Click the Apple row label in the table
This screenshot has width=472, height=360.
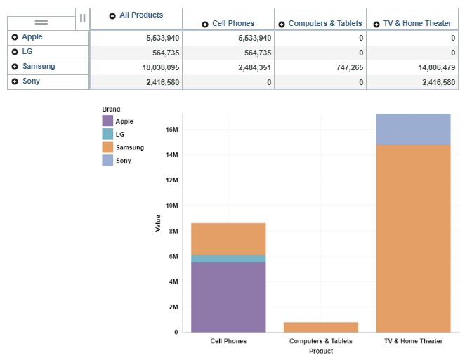pyautogui.click(x=32, y=37)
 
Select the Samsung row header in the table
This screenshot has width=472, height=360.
pyautogui.click(x=38, y=67)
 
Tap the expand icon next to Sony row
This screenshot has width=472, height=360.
pyautogui.click(x=15, y=81)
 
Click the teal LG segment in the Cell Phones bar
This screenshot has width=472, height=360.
pyautogui.click(x=228, y=258)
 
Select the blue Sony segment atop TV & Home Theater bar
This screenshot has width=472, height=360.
pyautogui.click(x=413, y=129)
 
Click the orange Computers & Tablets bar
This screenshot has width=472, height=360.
pyautogui.click(x=320, y=327)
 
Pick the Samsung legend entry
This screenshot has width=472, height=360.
pyautogui.click(x=129, y=147)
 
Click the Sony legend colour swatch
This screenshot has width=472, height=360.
pyautogui.click(x=107, y=161)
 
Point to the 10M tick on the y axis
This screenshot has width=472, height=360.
pyautogui.click(x=171, y=206)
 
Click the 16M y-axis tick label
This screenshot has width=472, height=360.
pyautogui.click(x=171, y=130)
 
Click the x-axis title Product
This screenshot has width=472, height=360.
pyautogui.click(x=320, y=351)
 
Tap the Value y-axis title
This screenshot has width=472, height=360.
pyautogui.click(x=158, y=223)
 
